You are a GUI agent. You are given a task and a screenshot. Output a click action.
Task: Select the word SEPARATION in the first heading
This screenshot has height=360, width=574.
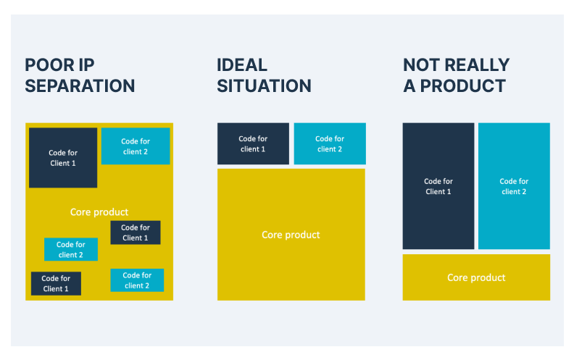(x=80, y=86)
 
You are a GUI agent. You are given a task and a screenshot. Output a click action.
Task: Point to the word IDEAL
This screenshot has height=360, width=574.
(x=242, y=65)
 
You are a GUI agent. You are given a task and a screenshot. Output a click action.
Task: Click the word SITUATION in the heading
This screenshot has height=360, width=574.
(x=264, y=86)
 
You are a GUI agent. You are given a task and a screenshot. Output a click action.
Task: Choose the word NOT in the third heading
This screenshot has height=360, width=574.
(x=421, y=65)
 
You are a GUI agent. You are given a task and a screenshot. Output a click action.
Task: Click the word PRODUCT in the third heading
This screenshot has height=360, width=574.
(x=462, y=86)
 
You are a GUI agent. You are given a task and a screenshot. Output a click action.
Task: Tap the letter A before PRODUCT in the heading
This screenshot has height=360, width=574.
(x=409, y=86)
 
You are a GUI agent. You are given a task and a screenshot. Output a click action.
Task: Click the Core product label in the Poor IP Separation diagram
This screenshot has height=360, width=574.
(x=99, y=212)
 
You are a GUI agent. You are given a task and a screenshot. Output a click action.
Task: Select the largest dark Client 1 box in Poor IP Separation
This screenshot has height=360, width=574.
(x=63, y=158)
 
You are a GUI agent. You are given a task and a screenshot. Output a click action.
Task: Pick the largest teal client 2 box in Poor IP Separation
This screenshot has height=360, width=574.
(x=136, y=146)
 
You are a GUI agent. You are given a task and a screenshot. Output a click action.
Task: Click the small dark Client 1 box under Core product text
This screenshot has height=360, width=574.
(x=136, y=233)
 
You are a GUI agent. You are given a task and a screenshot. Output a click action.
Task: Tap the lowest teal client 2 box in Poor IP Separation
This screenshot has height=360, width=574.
(x=137, y=280)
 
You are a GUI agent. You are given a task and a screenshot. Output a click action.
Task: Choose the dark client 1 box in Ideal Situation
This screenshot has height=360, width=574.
(x=253, y=143)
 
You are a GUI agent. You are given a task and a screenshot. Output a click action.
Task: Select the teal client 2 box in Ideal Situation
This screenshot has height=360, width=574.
(x=330, y=143)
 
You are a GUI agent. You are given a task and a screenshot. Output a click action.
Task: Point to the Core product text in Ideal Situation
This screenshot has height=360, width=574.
(x=291, y=235)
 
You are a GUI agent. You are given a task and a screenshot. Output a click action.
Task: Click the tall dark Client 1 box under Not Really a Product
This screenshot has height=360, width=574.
(x=438, y=186)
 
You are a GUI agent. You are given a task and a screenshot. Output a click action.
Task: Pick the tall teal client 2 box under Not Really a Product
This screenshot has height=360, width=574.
(x=514, y=186)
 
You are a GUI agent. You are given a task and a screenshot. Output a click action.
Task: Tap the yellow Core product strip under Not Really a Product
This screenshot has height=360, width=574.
(x=476, y=277)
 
